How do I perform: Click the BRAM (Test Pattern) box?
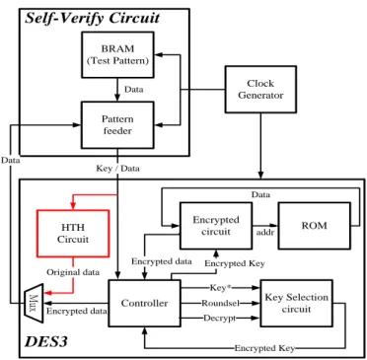(117, 55)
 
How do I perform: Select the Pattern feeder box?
(117, 125)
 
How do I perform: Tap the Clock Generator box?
(260, 90)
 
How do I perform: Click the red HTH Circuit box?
(73, 234)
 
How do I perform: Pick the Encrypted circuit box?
(216, 226)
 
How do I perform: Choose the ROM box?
(315, 226)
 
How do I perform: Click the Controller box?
(144, 303)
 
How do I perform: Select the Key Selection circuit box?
(296, 303)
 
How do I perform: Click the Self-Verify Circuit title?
(93, 18)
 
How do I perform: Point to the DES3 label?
(46, 342)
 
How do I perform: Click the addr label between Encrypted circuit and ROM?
(265, 233)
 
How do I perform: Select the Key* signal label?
(219, 288)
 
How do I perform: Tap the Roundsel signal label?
(220, 303)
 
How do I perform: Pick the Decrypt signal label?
(220, 318)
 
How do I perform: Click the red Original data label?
(73, 272)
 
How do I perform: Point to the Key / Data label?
(117, 169)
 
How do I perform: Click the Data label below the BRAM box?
(134, 90)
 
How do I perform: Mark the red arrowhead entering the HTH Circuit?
(73, 205)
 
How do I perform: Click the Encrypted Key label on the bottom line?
(264, 348)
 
